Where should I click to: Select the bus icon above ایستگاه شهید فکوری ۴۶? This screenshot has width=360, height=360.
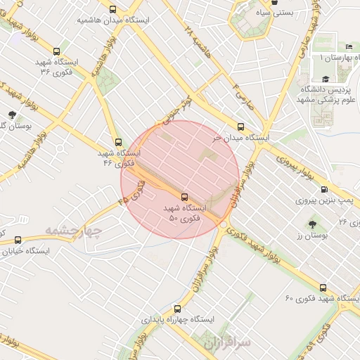tap(117, 142)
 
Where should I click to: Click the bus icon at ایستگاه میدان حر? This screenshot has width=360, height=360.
tap(240, 127)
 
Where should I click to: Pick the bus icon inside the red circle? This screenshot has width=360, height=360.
tap(185, 197)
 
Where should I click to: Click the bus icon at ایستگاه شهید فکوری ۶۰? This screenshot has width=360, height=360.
tap(323, 287)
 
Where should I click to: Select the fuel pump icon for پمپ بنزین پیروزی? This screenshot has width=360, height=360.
tap(323, 189)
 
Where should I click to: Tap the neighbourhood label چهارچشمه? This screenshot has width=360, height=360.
tap(74, 231)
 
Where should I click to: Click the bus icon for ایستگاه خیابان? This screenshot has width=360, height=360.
tap(18, 240)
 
